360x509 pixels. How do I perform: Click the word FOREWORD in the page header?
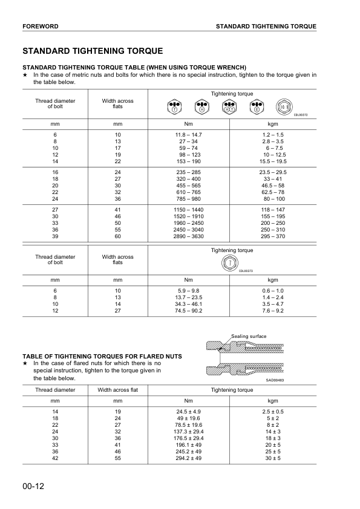[x=40, y=27]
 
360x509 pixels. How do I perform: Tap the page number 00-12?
[x=35, y=485]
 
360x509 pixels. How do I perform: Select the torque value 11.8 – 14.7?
[x=188, y=134]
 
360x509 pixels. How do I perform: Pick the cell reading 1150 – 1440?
[x=188, y=209]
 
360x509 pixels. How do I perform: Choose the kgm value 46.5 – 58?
[x=272, y=186]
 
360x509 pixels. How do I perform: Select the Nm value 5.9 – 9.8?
[x=188, y=290]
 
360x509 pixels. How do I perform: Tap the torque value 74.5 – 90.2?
[x=188, y=310]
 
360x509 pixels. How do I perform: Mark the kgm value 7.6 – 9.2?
[x=272, y=310]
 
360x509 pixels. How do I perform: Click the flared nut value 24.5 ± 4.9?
[x=188, y=411]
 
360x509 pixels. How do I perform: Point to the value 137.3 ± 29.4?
[x=188, y=432]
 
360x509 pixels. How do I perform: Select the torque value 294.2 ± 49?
[x=188, y=458]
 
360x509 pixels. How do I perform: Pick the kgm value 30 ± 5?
[x=272, y=458]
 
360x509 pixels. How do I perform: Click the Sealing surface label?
[x=249, y=336]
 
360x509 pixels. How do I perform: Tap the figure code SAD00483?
[x=275, y=380]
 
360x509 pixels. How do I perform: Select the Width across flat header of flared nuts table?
[x=118, y=390]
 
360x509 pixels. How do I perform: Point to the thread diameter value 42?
[x=55, y=458]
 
